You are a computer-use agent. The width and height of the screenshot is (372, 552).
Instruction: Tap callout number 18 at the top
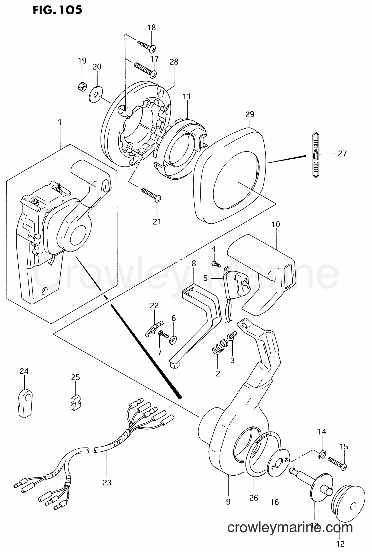pyautogui.click(x=151, y=28)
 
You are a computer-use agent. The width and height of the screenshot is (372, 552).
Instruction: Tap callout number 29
pyautogui.click(x=250, y=114)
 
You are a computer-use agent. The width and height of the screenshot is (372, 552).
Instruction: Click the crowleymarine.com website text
pyautogui.click(x=290, y=527)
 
